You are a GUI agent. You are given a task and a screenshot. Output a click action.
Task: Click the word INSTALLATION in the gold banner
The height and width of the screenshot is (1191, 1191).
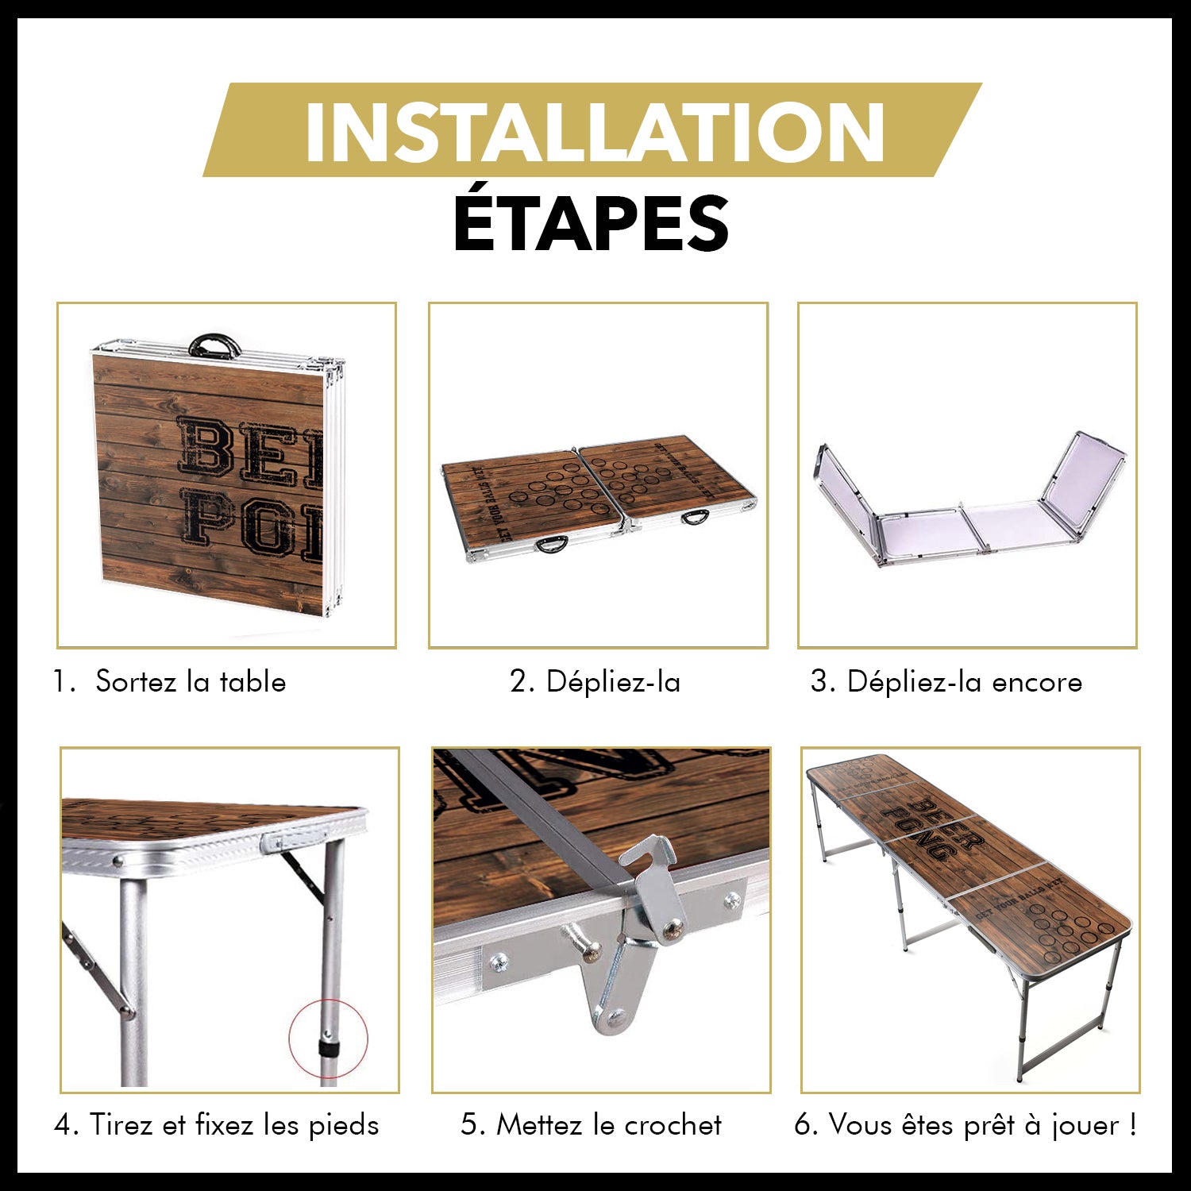[x=594, y=131]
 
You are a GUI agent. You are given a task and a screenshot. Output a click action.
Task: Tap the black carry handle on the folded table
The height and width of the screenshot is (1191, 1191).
[x=214, y=347]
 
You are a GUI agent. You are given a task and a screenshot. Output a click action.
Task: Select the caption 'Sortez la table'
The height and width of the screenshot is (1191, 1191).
[x=190, y=682]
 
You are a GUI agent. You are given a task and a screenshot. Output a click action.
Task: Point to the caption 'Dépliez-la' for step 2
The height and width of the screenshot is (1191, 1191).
[x=613, y=682]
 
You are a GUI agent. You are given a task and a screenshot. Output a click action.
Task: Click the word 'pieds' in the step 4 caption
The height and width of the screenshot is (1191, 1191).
[x=344, y=1125]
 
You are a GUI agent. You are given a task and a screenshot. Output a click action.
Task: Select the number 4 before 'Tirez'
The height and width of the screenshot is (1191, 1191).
[x=64, y=1125]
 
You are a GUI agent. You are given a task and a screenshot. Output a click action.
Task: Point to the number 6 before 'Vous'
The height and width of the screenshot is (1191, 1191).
[x=804, y=1125]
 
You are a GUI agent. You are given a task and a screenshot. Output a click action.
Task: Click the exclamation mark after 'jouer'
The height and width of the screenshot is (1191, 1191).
[x=1131, y=1125]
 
